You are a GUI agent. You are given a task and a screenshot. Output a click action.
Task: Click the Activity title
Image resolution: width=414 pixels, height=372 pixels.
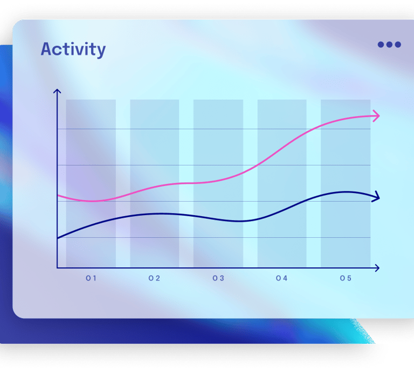tap(73, 50)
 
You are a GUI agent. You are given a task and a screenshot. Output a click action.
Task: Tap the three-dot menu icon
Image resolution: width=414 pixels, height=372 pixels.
tap(389, 44)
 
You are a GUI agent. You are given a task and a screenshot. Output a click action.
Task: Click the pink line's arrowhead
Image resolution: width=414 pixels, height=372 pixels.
tap(376, 115)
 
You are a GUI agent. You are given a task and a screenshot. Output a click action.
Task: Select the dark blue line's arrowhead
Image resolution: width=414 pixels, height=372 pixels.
tap(376, 197)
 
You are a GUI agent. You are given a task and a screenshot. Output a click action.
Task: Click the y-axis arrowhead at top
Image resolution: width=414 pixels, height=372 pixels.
tap(57, 91)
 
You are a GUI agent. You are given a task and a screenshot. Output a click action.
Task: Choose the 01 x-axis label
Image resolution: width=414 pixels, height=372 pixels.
tap(91, 278)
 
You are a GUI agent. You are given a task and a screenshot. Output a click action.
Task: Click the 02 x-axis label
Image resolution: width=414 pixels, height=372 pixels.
tap(154, 278)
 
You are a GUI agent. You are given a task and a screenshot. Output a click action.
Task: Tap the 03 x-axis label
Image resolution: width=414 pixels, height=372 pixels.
tap(218, 278)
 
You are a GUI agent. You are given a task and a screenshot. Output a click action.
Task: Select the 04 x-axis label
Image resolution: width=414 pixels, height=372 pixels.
tap(282, 278)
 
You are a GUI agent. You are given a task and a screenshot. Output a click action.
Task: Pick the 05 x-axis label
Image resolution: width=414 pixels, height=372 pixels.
tap(346, 278)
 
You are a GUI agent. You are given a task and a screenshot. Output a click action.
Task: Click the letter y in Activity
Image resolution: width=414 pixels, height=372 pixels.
tap(101, 51)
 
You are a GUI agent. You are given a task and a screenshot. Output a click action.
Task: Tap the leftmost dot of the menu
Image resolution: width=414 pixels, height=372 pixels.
tap(381, 44)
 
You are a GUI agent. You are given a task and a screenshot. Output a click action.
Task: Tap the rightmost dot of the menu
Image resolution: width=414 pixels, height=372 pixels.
tap(398, 44)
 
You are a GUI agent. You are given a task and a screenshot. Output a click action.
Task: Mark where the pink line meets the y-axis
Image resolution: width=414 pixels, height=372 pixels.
tap(57, 195)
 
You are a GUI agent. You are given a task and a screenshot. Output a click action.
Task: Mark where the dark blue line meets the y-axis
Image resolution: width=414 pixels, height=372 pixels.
tap(57, 238)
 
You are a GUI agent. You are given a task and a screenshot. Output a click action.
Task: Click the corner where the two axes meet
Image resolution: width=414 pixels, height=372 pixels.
tap(57, 268)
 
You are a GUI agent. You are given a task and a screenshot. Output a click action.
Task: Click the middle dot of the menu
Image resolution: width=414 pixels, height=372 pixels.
tap(389, 44)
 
